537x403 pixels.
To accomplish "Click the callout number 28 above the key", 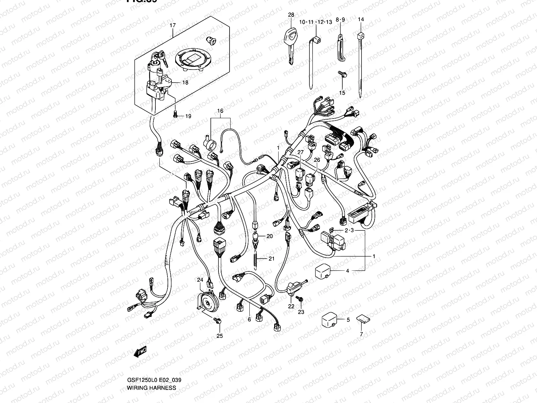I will click(291, 15).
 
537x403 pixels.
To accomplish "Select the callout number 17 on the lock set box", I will click(173, 25).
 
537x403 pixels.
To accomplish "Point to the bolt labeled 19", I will click(176, 115).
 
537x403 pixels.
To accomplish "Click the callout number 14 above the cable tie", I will click(361, 19).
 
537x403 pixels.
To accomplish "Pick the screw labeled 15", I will click(342, 74).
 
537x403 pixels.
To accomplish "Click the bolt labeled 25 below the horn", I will click(218, 321).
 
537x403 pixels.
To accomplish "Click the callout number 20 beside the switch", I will click(270, 236).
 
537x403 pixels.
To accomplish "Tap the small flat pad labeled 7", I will click(361, 318).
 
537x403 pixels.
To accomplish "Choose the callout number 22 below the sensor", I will click(291, 306).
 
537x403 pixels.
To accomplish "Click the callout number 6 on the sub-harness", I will click(249, 319).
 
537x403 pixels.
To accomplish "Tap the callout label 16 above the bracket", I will click(220, 110).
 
